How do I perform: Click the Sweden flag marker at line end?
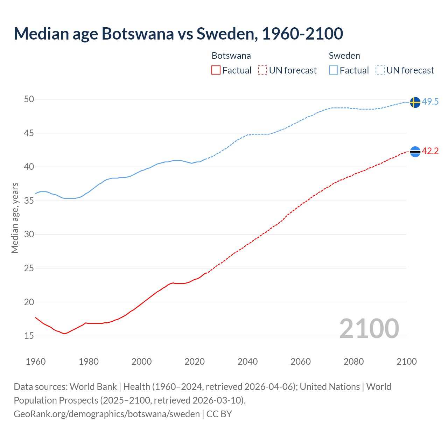(415, 102)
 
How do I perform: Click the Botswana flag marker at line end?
(415, 152)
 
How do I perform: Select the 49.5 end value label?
(430, 102)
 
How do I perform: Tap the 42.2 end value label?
(430, 151)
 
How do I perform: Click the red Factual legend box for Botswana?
(216, 70)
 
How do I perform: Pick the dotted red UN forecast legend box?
(262, 70)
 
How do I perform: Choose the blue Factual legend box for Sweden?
(334, 70)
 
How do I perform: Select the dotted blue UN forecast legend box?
(380, 70)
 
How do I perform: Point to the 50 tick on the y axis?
(29, 99)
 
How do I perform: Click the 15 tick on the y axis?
(29, 336)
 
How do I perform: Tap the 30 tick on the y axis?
(29, 234)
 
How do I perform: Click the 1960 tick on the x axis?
(36, 362)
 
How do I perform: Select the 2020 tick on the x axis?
(195, 362)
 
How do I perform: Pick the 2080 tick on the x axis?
(353, 362)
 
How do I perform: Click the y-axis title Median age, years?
(15, 218)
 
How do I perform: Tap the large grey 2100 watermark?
(369, 329)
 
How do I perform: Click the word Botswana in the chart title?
(138, 34)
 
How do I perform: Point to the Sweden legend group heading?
(344, 56)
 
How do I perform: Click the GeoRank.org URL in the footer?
(107, 414)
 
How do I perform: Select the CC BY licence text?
(219, 414)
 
